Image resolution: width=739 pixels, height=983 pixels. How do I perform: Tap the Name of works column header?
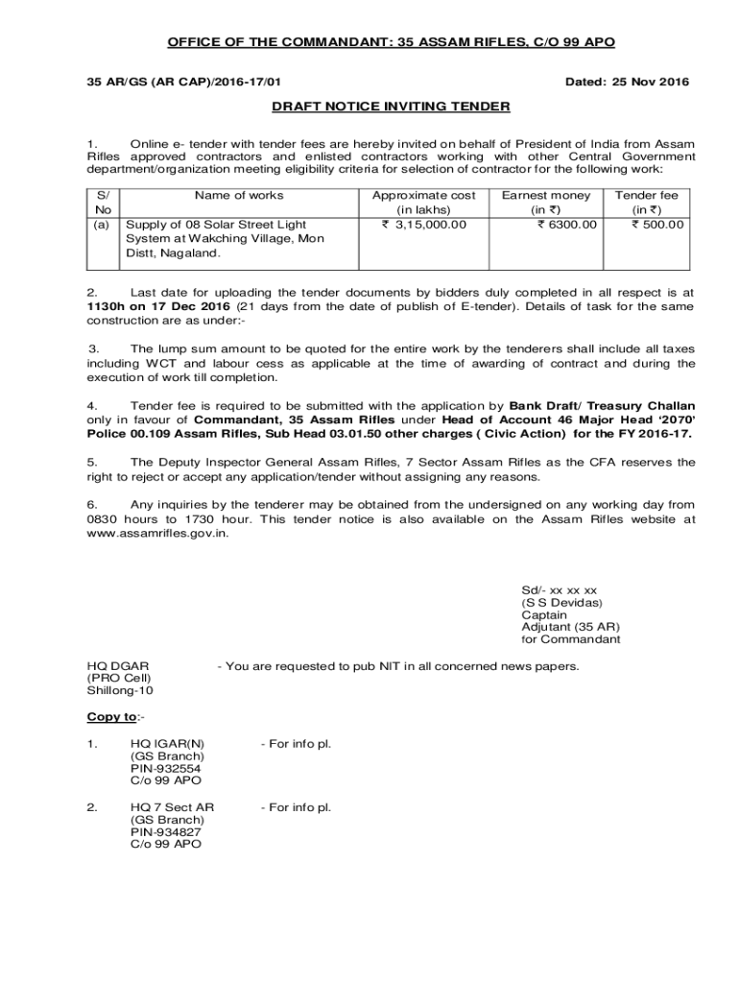[x=238, y=195]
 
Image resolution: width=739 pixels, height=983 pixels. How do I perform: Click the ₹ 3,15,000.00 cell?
[x=423, y=224]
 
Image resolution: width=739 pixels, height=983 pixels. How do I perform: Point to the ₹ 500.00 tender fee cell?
[x=656, y=224]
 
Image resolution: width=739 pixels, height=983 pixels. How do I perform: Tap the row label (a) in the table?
[x=100, y=224]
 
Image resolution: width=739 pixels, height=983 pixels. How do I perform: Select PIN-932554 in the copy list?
[x=166, y=768]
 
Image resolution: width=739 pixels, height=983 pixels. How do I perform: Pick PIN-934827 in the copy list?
[x=166, y=831]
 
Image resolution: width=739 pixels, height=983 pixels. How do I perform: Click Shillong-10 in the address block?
[x=120, y=690]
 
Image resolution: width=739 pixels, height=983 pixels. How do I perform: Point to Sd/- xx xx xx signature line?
[x=560, y=590]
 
